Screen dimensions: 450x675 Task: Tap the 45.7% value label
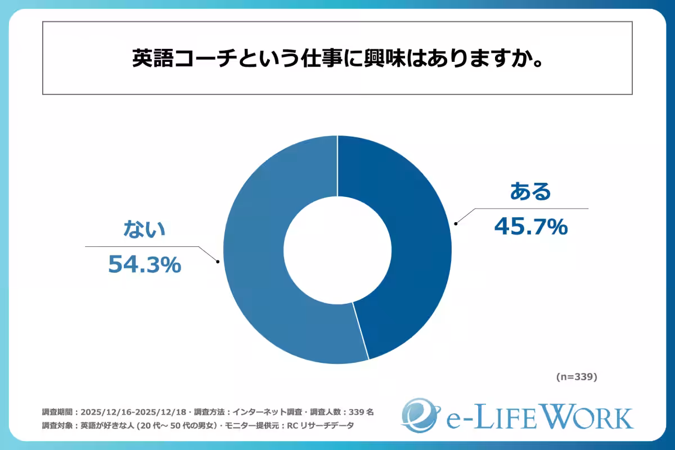click(530, 226)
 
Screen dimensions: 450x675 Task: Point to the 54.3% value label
click(145, 264)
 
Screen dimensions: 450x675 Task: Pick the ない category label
click(145, 229)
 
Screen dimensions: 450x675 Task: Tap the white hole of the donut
click(337, 250)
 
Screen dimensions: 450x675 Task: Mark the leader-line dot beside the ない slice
click(218, 261)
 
